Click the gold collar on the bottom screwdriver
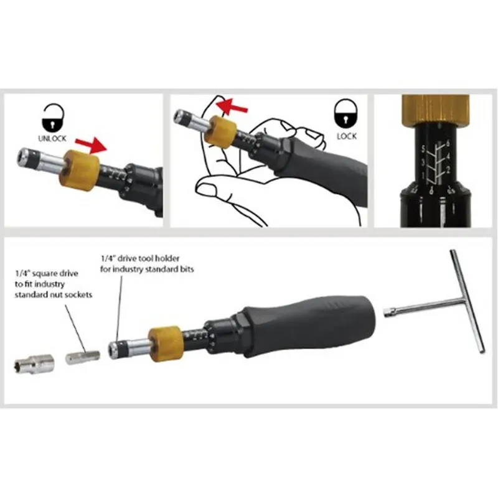(164, 341)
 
